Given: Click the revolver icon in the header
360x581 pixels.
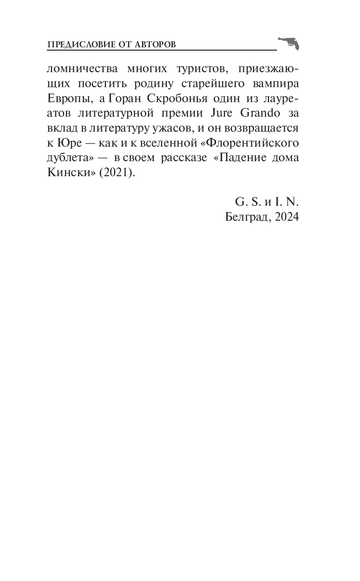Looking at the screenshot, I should (288, 43).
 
